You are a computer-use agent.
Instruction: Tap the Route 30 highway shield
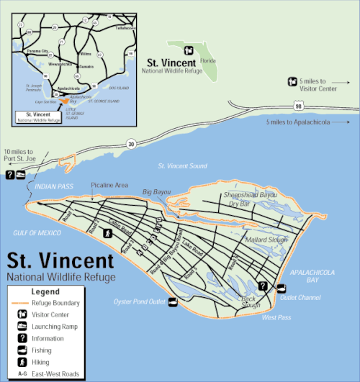pos(130,144)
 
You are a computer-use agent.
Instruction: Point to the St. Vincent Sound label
pos(182,166)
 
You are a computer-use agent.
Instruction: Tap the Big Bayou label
pos(157,192)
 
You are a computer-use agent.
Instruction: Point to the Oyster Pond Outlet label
pos(139,301)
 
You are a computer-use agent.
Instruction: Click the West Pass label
pos(277,317)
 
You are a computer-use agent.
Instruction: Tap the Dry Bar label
pos(239,204)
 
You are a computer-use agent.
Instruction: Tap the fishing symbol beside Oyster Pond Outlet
pos(173,302)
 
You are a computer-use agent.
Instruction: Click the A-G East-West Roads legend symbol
pos(22,374)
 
